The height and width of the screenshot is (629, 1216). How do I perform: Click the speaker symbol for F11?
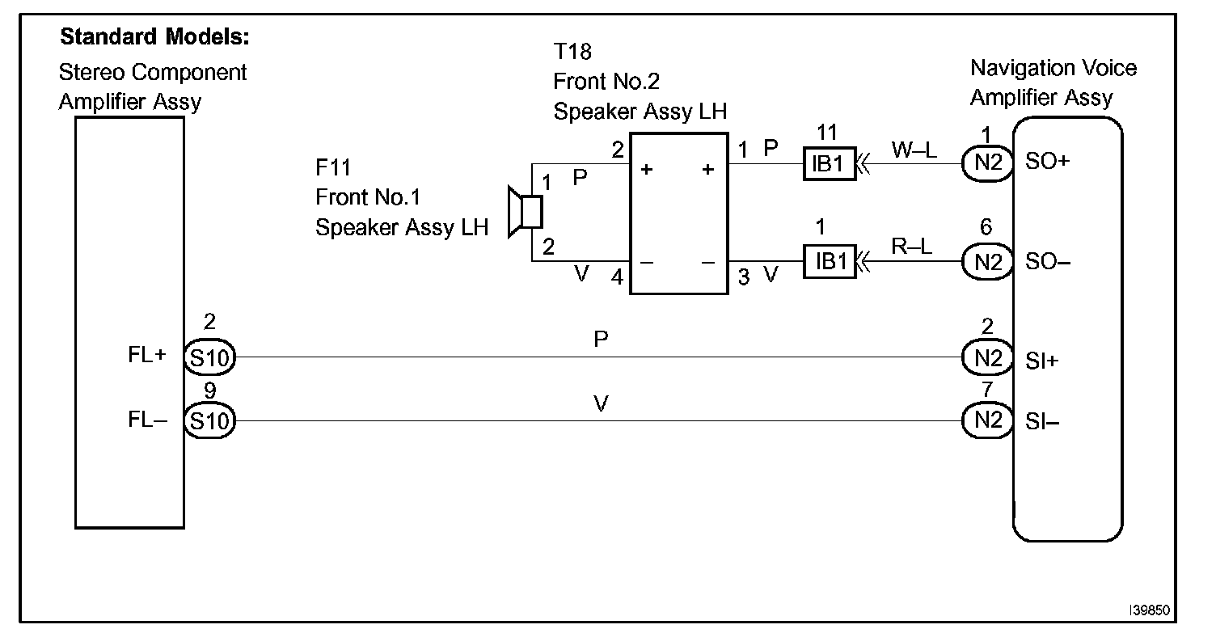coord(524,212)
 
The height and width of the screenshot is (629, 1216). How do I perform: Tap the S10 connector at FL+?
coord(209,357)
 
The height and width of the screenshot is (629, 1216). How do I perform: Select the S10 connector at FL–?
coord(209,420)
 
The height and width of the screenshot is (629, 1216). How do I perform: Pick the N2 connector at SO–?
coord(987,262)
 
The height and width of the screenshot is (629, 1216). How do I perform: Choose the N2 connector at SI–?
coord(987,420)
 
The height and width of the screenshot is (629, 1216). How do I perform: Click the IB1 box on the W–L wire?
coord(829,163)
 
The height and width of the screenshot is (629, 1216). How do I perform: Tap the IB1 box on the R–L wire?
coord(829,262)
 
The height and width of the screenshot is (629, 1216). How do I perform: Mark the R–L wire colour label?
coord(912,247)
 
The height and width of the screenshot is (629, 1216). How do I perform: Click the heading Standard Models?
coord(154,37)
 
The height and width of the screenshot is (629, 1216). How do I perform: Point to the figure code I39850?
coord(1151,608)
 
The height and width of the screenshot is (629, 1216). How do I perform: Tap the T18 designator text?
coord(572,53)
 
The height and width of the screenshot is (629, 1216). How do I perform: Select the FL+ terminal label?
coord(147,357)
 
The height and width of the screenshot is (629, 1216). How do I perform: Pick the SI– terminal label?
coord(1043,421)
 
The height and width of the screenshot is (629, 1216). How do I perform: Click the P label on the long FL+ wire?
coord(600,340)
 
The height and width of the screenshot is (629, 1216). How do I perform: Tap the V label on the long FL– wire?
coord(600,404)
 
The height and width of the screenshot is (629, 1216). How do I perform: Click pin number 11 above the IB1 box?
coord(827,133)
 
